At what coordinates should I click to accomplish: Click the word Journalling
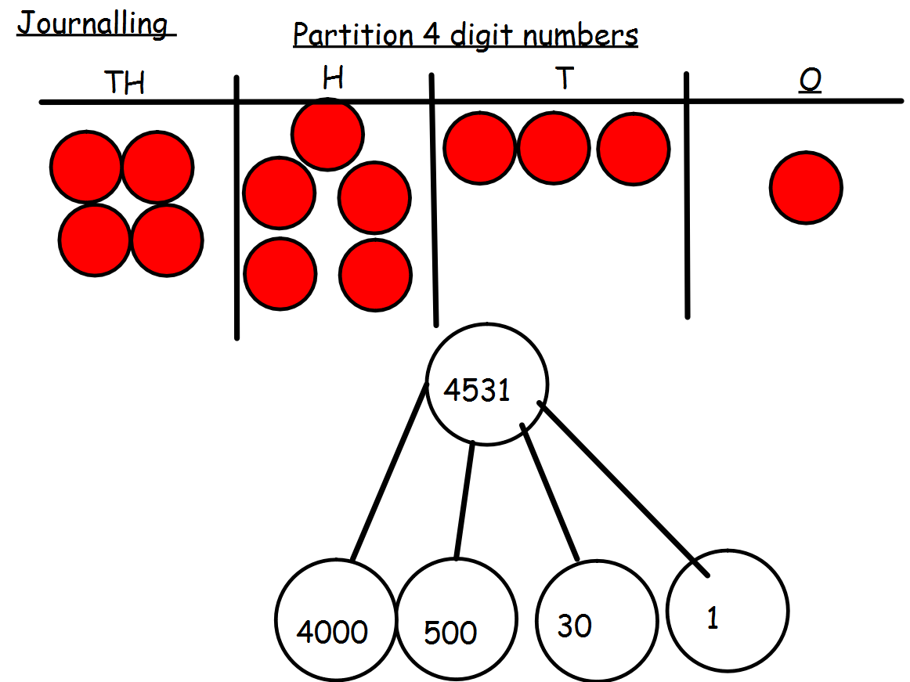93,24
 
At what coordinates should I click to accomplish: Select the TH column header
125,83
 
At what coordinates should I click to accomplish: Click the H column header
333,79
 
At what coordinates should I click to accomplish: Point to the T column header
563,81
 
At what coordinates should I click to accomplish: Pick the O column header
810,81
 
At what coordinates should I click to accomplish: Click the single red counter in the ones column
806,188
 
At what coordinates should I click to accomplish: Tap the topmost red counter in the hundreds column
327,135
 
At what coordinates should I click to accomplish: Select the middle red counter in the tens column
554,149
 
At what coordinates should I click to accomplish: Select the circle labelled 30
595,619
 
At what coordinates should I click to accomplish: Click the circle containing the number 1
728,612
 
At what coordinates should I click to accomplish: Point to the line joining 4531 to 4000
388,474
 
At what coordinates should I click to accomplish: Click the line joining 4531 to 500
465,501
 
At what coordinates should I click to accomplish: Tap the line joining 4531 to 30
550,493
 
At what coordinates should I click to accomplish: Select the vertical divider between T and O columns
687,196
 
